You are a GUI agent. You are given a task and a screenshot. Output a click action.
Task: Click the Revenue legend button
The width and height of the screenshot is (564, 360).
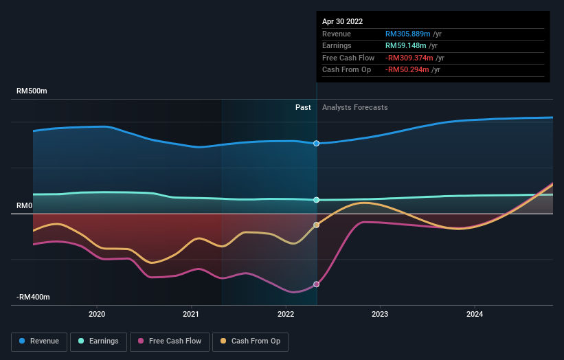pos(39,341)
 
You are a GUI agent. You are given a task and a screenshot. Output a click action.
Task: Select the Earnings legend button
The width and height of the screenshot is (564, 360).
pos(99,341)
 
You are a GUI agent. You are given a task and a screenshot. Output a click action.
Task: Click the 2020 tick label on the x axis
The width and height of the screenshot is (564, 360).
pos(97,315)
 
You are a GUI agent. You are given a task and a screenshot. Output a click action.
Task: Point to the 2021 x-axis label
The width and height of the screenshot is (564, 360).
pos(191,315)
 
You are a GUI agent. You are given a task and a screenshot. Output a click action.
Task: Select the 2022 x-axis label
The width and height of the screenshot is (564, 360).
pos(285,315)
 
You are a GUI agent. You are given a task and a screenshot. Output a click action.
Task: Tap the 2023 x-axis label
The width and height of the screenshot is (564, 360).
pos(380,315)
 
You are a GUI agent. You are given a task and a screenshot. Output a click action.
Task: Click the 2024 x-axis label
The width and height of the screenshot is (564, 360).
pos(474,315)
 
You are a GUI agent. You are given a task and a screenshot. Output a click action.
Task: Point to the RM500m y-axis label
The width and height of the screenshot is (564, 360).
pos(32,91)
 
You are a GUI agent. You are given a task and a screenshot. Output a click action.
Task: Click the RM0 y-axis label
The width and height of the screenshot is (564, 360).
pos(25,206)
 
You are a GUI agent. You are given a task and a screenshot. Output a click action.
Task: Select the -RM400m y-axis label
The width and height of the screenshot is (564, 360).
pos(34,297)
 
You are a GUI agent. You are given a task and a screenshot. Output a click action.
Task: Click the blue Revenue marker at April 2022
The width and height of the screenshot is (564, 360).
pos(317,144)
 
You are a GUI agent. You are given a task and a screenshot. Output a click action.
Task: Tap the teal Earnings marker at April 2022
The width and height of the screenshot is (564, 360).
pos(317,200)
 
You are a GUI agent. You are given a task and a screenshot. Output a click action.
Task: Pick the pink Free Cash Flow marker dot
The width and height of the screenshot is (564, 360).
pos(317,284)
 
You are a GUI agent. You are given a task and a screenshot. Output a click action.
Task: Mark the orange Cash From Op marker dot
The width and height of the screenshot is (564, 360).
pos(317,225)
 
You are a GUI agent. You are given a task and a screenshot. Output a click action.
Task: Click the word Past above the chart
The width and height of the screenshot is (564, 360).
pos(303,108)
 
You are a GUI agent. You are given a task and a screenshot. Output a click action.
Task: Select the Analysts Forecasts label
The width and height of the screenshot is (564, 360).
pos(354,108)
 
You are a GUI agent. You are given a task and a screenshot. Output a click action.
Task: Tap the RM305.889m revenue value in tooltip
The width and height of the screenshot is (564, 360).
pos(407,34)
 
